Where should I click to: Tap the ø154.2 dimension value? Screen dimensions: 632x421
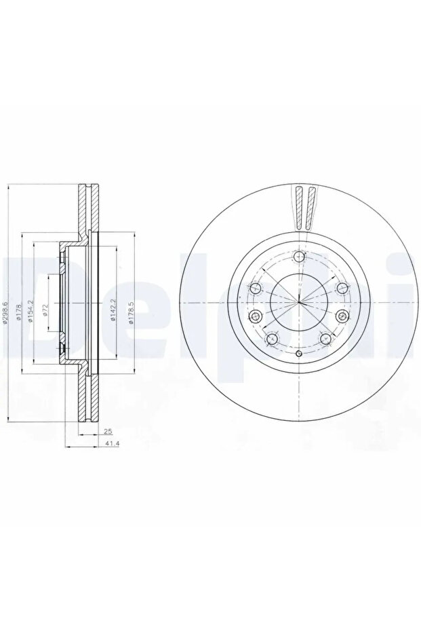coord(31,310)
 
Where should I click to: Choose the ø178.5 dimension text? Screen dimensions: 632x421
coord(131,310)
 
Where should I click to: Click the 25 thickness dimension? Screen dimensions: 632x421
coord(107,431)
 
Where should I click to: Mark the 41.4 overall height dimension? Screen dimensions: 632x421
coord(107,445)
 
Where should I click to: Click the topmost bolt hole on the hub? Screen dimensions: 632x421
coord(299,256)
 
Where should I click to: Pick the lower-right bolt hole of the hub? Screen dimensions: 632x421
coord(324,339)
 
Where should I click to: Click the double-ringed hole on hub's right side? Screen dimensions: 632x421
coord(342,315)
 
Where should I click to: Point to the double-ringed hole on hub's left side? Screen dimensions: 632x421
coord(256,315)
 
